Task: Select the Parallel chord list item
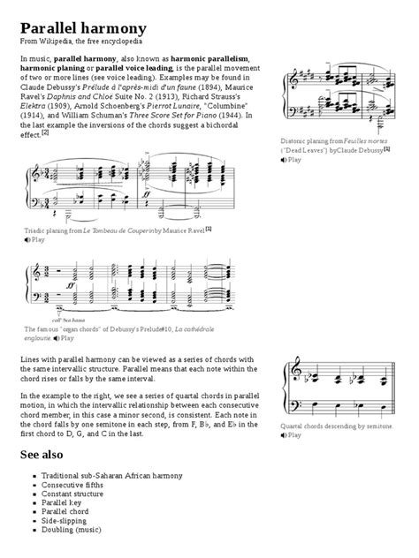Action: tap(65, 509)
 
